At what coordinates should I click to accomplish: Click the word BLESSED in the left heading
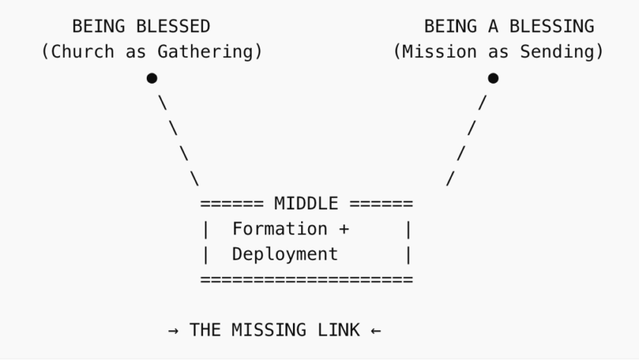[x=173, y=27]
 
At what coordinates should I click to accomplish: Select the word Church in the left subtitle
[x=83, y=52]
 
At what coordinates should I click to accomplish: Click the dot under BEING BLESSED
[x=152, y=78]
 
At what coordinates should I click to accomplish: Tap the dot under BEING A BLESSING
[x=493, y=78]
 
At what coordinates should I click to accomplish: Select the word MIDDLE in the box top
[x=307, y=203]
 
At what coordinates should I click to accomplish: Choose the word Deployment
[x=285, y=254]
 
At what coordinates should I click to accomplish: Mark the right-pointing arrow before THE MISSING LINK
[x=173, y=330]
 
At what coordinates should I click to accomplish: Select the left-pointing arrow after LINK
[x=376, y=330]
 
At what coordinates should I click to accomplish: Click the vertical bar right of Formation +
[x=409, y=229]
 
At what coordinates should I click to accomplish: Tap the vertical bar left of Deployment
[x=205, y=254]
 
